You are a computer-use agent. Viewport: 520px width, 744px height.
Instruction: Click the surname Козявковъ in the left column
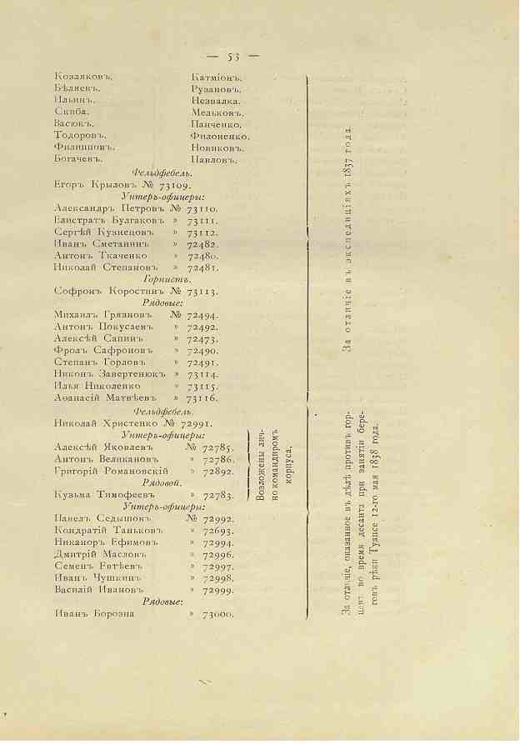[82, 77]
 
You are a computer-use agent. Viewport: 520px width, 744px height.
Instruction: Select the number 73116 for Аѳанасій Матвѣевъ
[203, 400]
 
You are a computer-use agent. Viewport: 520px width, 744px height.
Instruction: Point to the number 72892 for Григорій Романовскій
[218, 472]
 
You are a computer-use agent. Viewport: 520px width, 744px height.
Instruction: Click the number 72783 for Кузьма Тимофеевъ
[218, 496]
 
